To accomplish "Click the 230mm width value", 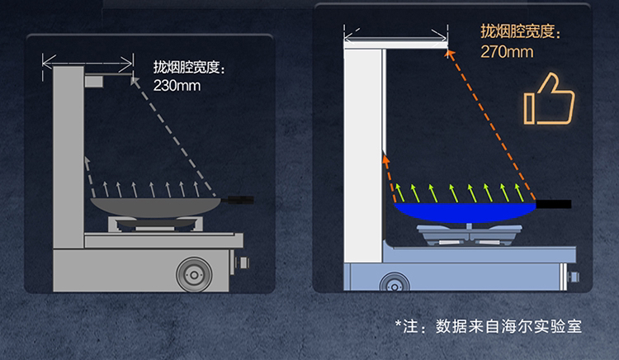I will pyautogui.click(x=177, y=84).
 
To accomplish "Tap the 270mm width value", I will pyautogui.click(x=507, y=52).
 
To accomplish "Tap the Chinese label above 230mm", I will pyautogui.click(x=189, y=66).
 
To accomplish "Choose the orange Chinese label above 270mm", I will pyautogui.click(x=521, y=33).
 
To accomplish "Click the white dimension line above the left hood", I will pyautogui.click(x=88, y=59).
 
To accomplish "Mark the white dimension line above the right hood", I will pyautogui.click(x=396, y=36).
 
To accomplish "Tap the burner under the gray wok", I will pyautogui.click(x=157, y=222).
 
